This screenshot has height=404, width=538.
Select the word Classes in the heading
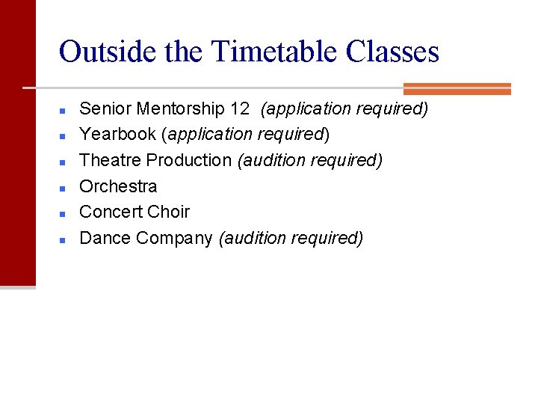tap(392, 52)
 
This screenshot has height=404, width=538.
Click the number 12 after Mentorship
tap(240, 108)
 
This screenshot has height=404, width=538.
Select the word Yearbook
tap(117, 135)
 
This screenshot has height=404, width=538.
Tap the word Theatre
tap(111, 160)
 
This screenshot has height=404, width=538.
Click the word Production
tap(189, 160)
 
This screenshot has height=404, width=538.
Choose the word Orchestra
tap(118, 186)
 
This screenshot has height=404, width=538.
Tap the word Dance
tap(102, 238)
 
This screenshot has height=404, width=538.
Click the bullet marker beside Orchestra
tap(64, 188)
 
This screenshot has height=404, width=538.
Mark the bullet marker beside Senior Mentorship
tap(64, 110)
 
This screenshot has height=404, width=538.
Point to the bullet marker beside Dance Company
tap(64, 239)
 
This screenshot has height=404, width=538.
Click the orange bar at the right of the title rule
tap(457, 88)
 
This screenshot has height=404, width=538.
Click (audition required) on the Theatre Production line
tap(309, 160)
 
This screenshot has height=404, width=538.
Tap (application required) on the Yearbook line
tap(245, 135)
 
